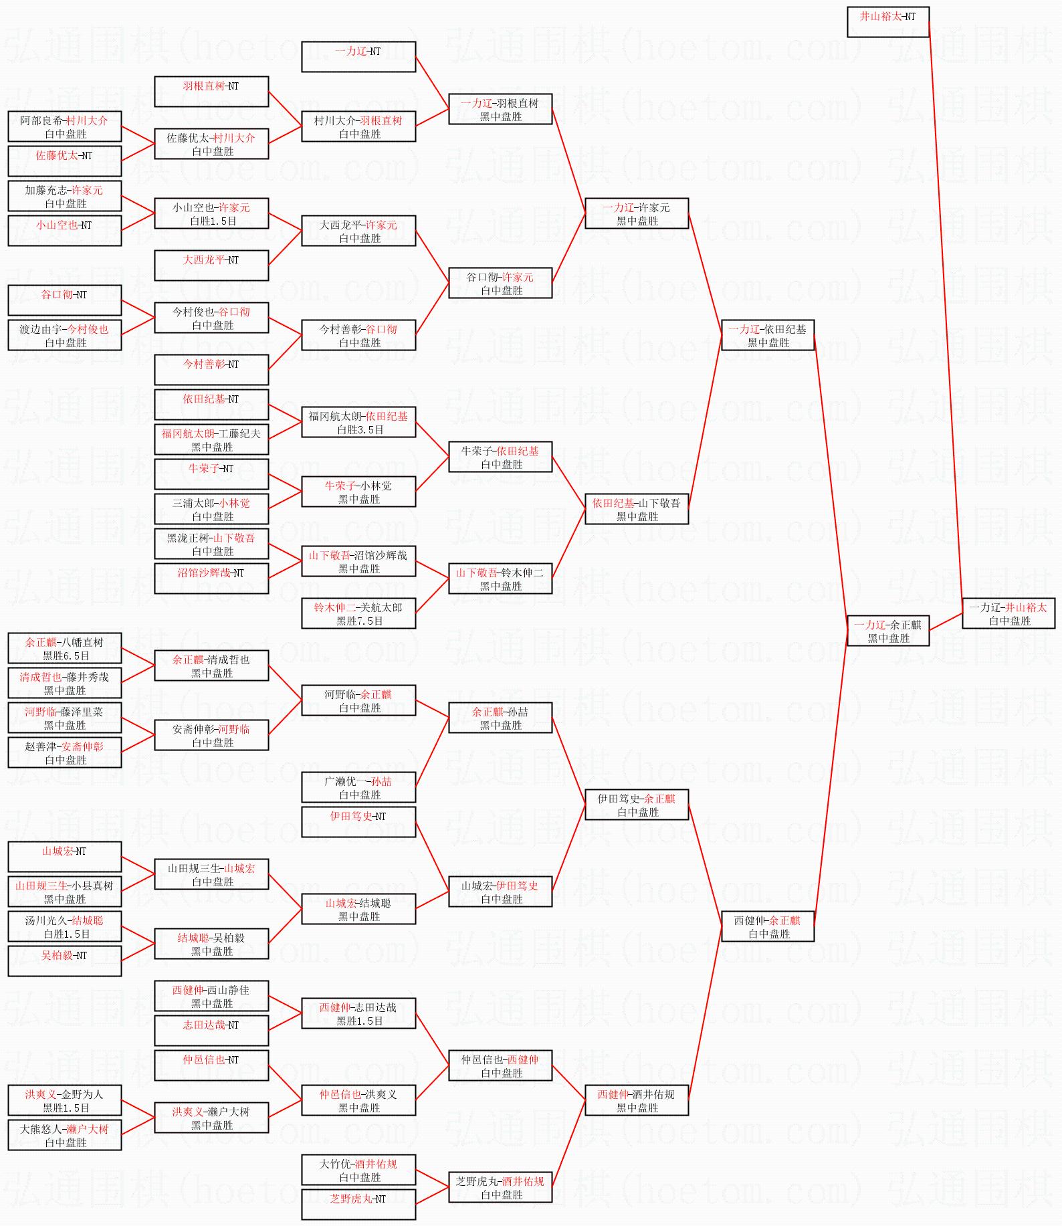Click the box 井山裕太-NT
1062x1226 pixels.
(888, 22)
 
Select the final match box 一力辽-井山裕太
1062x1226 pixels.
(1008, 613)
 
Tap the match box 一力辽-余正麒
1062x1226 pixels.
(888, 631)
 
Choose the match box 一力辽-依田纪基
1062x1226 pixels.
(768, 335)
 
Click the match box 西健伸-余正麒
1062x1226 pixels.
(768, 926)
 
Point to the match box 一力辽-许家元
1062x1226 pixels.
(637, 213)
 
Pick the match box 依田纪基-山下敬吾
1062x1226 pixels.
(637, 509)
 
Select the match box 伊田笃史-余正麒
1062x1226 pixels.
(637, 805)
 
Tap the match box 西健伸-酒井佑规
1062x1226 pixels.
(637, 1100)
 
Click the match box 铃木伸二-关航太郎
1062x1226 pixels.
(358, 613)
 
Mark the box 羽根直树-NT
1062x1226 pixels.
(211, 92)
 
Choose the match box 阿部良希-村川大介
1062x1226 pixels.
(65, 126)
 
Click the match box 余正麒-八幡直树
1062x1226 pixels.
(65, 648)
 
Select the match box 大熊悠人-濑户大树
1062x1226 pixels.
(65, 1135)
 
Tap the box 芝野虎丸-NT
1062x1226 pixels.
(358, 1205)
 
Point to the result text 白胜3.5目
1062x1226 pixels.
(360, 430)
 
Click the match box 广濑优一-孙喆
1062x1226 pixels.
(358, 787)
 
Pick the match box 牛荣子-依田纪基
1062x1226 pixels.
(500, 457)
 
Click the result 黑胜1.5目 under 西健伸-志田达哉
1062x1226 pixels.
(360, 1021)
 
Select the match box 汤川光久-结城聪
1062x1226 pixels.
(65, 926)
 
